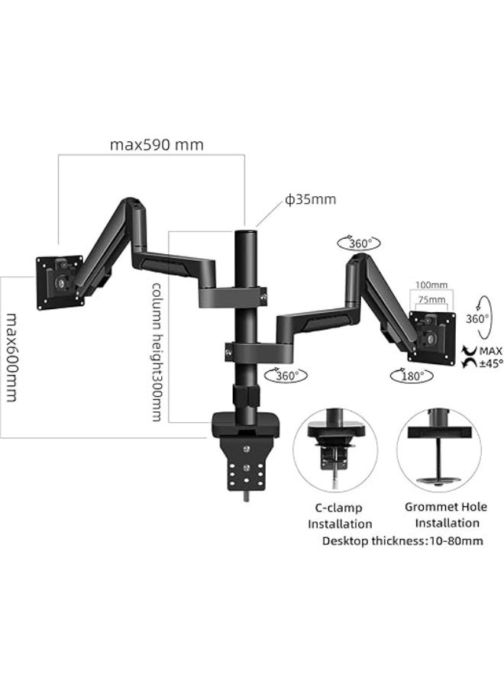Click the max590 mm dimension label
(x=157, y=145)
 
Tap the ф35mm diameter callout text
(x=310, y=199)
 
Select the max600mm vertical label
(x=11, y=357)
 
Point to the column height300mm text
(x=157, y=352)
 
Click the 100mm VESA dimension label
(x=431, y=285)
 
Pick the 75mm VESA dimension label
(x=431, y=300)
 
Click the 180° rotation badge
(x=412, y=376)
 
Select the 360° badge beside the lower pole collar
(x=286, y=375)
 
